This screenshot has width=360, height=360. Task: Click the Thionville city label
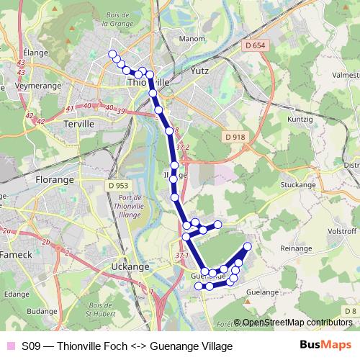point(148,82)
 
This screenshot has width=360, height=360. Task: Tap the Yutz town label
point(199,71)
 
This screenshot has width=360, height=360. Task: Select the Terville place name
point(79,124)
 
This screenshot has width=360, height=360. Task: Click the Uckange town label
point(130,266)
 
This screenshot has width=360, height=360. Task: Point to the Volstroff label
point(343,232)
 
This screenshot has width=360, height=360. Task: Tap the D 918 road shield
point(235,137)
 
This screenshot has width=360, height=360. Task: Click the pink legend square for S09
point(10,346)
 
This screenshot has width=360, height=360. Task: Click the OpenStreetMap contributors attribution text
point(297,323)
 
